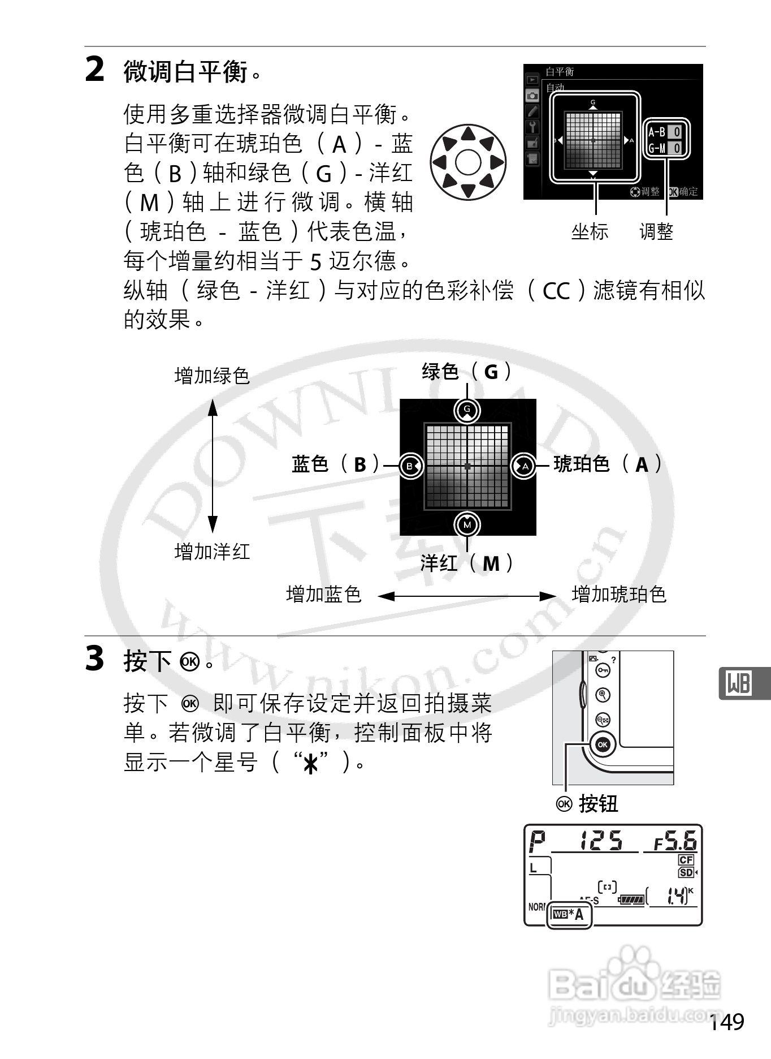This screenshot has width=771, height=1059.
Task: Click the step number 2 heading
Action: [95, 70]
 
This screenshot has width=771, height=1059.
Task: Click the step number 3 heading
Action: [95, 659]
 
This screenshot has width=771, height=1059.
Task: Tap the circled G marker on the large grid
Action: [467, 410]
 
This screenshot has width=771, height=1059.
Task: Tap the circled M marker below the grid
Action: [467, 525]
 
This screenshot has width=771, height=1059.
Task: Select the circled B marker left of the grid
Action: [410, 466]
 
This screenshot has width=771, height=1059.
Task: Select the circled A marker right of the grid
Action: [524, 466]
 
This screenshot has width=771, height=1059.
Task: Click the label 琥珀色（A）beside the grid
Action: [607, 464]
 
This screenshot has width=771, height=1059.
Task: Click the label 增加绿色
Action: [212, 376]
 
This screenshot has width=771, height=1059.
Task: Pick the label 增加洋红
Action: [212, 552]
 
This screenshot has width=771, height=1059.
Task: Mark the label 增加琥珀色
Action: [619, 595]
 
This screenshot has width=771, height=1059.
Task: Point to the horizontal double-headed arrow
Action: [467, 596]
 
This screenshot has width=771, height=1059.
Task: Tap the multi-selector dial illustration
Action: [467, 162]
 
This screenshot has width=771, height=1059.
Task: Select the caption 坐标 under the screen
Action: [590, 232]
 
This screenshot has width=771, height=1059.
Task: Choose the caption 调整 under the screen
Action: [656, 232]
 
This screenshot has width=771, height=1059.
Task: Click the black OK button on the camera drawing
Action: [603, 744]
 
